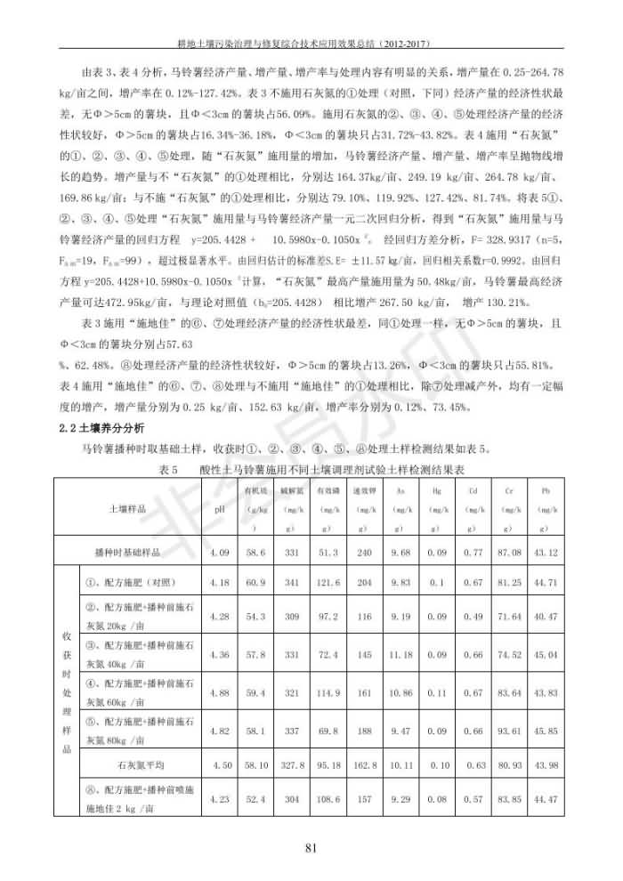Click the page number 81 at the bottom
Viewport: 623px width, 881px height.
point(311,846)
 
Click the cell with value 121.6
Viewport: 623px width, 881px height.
point(328,583)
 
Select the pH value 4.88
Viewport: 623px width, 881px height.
point(219,691)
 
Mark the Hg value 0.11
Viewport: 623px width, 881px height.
point(437,691)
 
